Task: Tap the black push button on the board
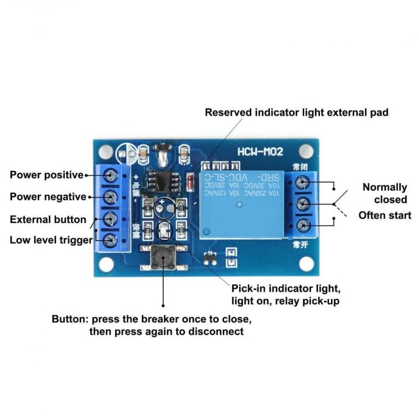163,258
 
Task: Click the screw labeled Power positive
111,175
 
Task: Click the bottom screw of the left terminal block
111,239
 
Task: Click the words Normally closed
385,193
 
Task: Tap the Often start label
385,215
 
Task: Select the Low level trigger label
51,240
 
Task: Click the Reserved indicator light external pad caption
296,112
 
